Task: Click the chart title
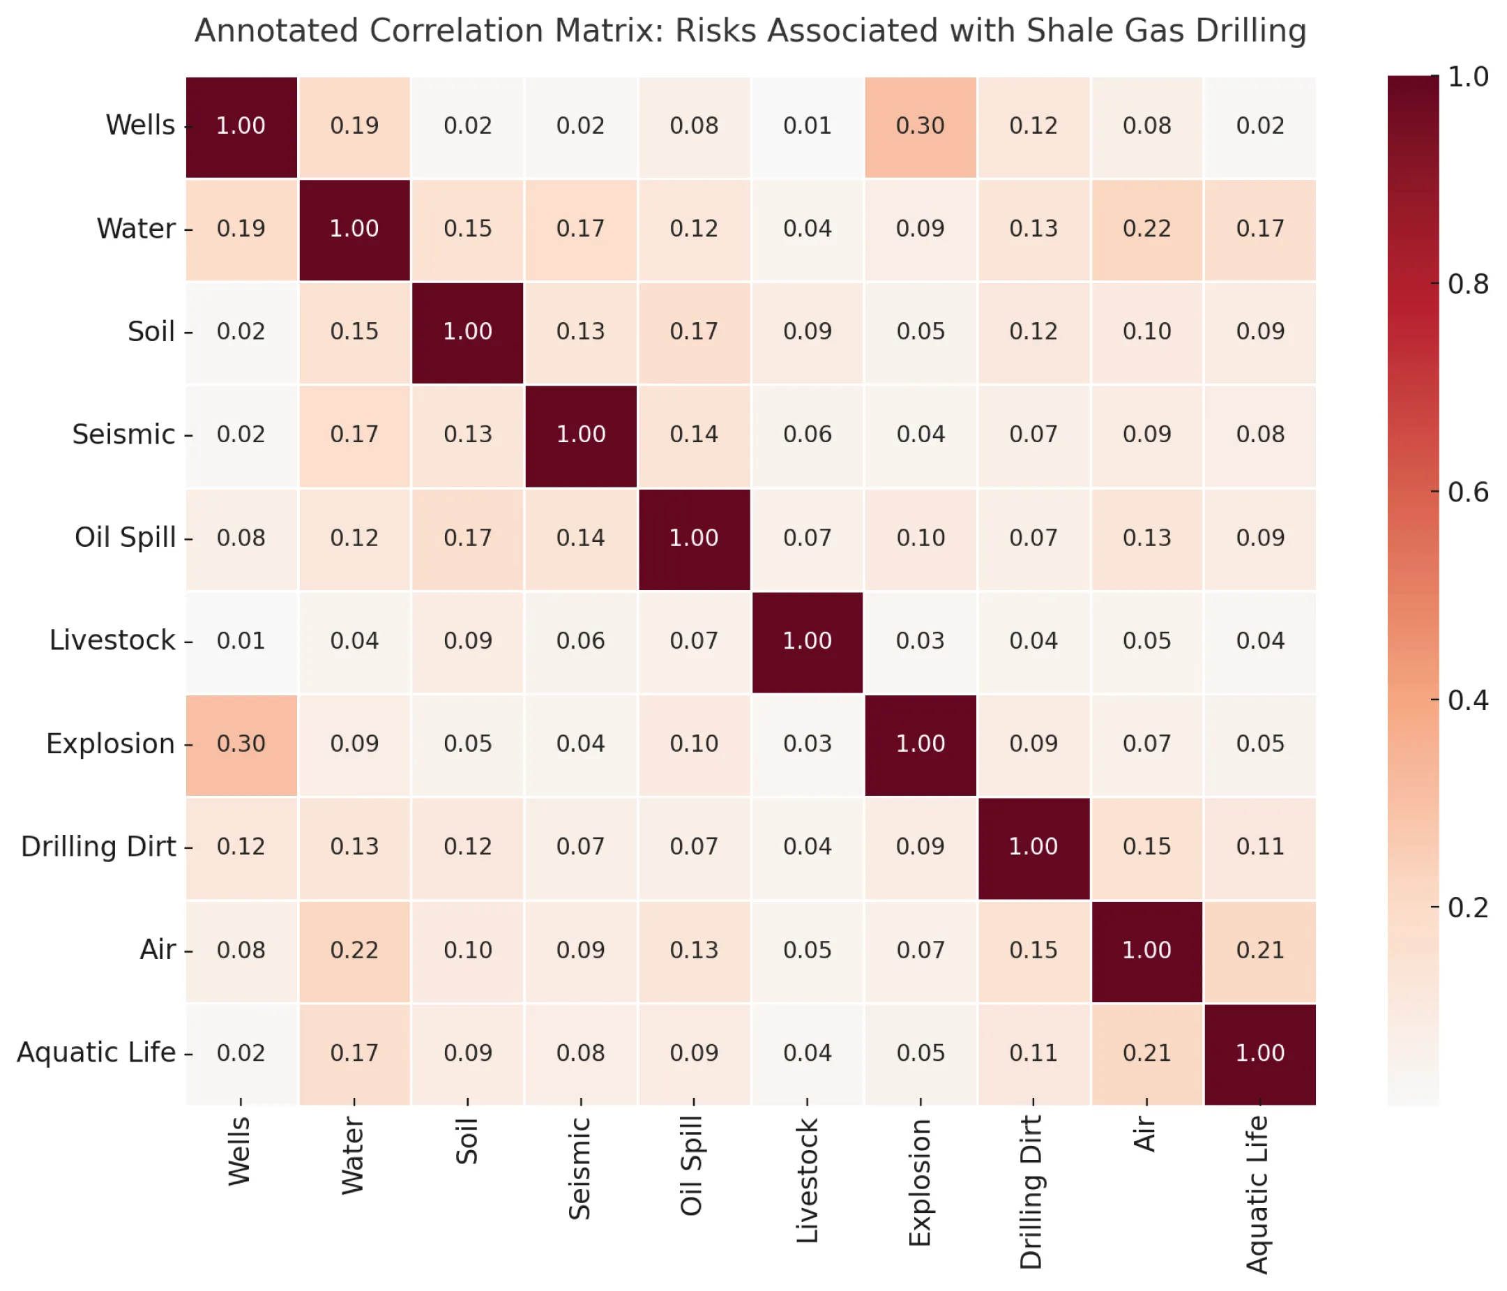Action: (750, 31)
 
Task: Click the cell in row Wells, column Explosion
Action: (920, 126)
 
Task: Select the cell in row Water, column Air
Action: (1146, 229)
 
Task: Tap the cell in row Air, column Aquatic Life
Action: (1259, 951)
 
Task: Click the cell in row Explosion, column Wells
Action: (241, 744)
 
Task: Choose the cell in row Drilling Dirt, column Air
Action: (1146, 847)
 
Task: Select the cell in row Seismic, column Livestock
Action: (807, 435)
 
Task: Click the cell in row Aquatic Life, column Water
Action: (354, 1053)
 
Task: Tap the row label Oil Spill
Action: (125, 538)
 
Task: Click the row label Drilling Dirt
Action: (98, 847)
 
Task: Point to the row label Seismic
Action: (123, 435)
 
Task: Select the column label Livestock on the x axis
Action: (808, 1181)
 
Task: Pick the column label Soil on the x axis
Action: (467, 1141)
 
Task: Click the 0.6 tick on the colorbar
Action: (1468, 492)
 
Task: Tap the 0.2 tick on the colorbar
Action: (1468, 907)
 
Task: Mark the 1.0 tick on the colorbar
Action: (1468, 76)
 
